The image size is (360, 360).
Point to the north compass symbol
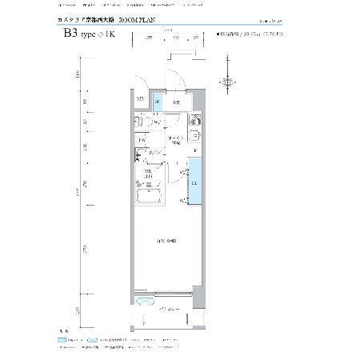[x=229, y=81]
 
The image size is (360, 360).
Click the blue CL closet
[x=195, y=182]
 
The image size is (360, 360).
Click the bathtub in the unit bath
[x=149, y=197]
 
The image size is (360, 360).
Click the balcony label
[x=167, y=309]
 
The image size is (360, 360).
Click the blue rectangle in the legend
[x=63, y=340]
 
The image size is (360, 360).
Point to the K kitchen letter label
[x=195, y=151]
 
